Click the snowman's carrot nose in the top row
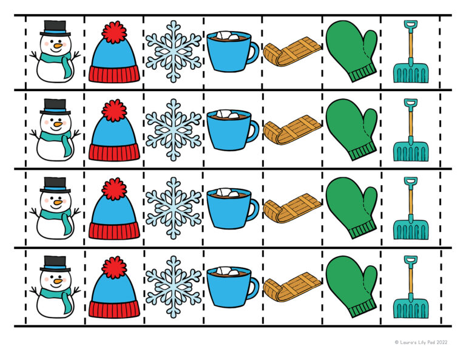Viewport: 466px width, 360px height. [x=58, y=46]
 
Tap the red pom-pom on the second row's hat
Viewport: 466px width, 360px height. [x=114, y=110]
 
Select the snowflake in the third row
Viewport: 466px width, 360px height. [x=174, y=208]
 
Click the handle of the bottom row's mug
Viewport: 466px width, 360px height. [x=254, y=288]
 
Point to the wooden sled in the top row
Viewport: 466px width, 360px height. [x=292, y=51]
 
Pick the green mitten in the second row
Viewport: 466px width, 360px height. [x=351, y=129]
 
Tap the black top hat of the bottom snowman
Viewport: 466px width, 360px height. [x=55, y=264]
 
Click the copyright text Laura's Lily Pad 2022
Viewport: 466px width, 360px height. [x=421, y=342]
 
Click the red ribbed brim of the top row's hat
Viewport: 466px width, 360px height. [x=115, y=74]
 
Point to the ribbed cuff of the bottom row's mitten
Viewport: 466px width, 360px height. [x=363, y=308]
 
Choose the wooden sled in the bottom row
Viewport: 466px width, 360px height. [x=292, y=287]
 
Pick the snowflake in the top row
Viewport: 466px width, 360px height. [x=174, y=52]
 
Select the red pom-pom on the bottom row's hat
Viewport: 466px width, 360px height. [x=114, y=268]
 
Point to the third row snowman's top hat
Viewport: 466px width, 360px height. [x=55, y=186]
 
